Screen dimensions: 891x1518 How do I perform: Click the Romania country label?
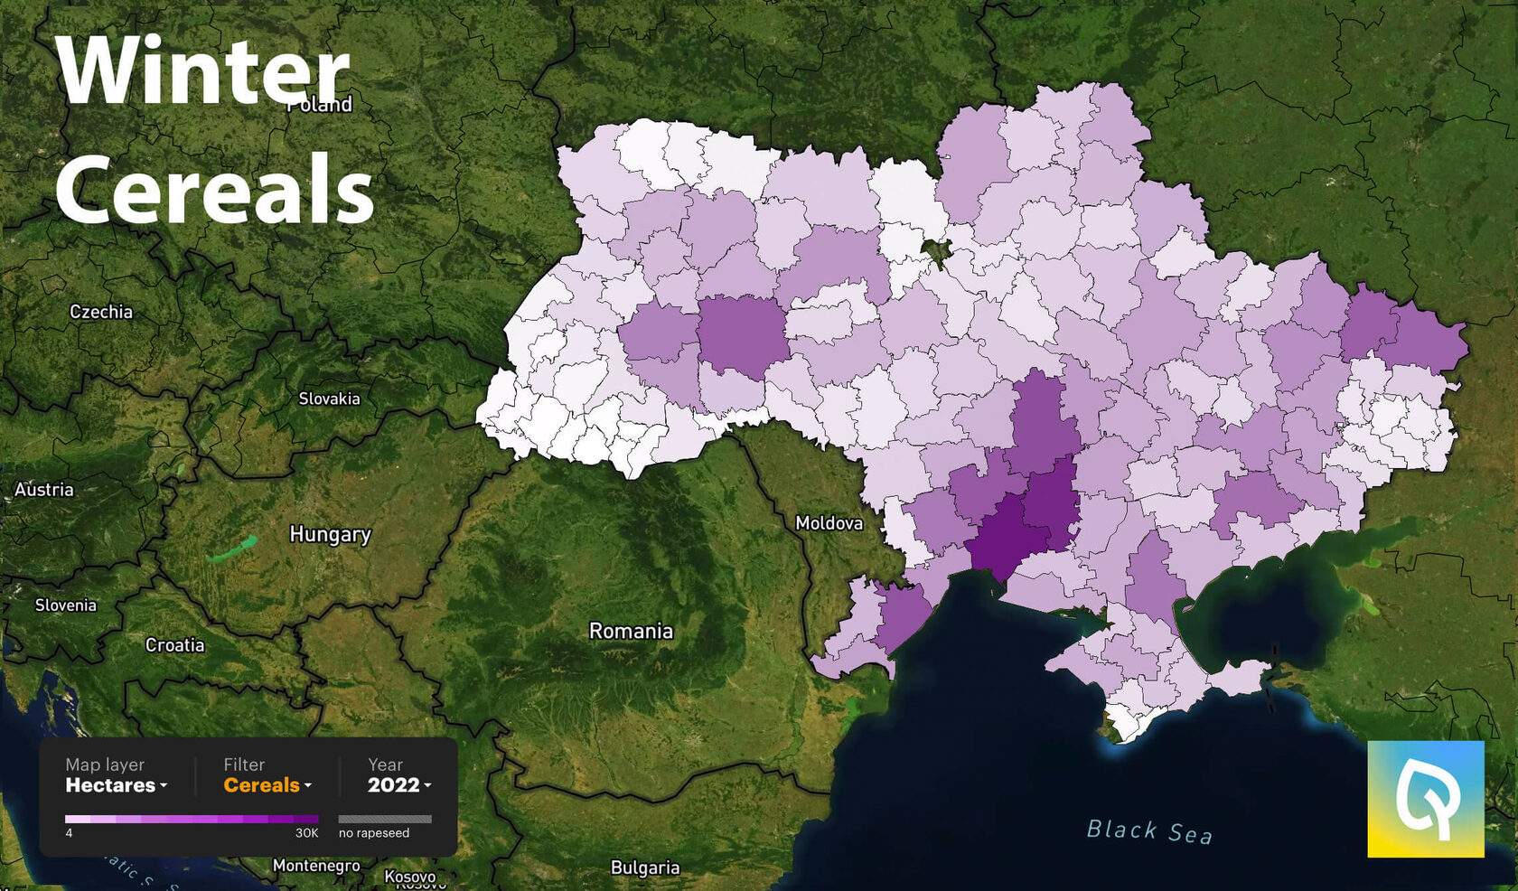point(631,631)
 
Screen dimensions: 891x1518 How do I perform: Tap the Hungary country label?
point(330,534)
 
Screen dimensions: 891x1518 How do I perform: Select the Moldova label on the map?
point(829,523)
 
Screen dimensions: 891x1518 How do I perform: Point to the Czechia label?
point(101,312)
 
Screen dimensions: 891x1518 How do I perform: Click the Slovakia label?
point(329,399)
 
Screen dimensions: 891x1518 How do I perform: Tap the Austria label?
point(44,490)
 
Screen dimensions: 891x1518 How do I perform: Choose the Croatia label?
point(174,645)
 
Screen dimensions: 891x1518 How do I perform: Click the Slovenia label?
point(65,605)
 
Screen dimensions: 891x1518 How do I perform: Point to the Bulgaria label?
point(644,868)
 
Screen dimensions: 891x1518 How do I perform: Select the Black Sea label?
point(1148,830)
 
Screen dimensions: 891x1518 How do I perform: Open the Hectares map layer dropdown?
point(116,785)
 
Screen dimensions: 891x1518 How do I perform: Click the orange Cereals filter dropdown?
point(267,785)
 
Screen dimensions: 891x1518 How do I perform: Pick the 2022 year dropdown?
point(398,785)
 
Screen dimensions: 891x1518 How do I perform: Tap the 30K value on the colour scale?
point(306,833)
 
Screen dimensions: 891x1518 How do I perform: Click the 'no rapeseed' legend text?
point(374,833)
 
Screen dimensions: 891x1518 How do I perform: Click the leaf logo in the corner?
point(1425,799)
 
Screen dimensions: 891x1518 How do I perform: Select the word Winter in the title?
point(201,71)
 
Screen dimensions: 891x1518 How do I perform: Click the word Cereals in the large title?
point(214,189)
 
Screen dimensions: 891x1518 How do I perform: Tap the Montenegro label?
point(316,866)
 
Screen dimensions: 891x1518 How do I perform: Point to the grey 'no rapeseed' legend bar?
point(385,819)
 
